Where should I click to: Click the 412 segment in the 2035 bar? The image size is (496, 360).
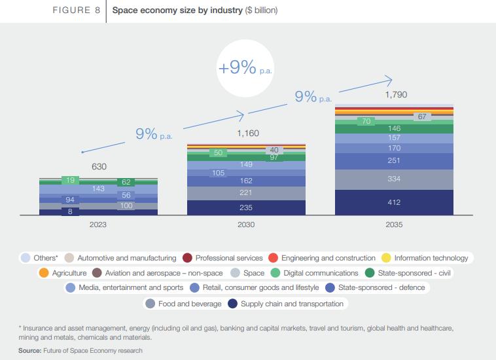[394, 202]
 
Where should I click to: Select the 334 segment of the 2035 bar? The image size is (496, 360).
[394, 179]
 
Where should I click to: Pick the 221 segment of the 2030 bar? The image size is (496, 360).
[247, 193]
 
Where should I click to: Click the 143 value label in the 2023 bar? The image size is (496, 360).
[99, 189]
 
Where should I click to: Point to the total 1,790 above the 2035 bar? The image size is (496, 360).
[396, 95]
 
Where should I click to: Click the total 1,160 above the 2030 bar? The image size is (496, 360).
[248, 134]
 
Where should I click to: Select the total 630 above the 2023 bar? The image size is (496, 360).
[99, 166]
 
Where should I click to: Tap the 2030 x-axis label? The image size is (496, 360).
[247, 225]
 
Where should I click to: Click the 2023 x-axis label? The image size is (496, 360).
[99, 225]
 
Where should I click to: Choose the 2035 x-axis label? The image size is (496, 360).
[394, 225]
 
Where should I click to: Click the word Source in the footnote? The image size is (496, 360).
[30, 351]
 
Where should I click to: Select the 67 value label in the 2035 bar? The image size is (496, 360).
[422, 117]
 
